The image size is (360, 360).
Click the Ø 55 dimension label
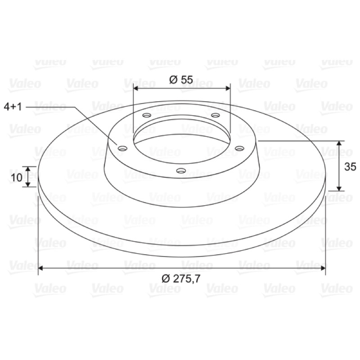click(181, 80)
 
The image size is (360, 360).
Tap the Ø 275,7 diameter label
click(181, 279)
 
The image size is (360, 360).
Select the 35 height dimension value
click(350, 166)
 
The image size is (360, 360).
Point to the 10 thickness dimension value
click(17, 177)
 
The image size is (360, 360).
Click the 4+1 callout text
click(13, 107)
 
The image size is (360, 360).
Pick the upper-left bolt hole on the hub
click(147, 115)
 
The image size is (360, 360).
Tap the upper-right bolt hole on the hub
click(216, 115)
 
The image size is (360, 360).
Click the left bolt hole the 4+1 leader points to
click(122, 148)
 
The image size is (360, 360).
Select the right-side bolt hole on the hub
click(239, 148)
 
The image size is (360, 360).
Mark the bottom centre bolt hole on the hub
click(181, 171)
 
